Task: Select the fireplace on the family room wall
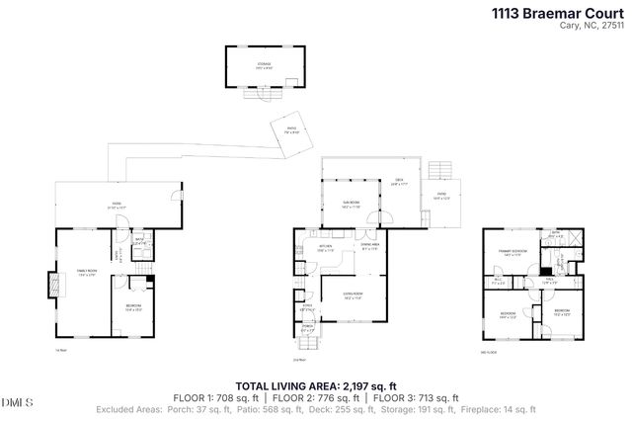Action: (51, 285)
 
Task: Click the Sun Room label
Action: (352, 204)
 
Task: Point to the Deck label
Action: (398, 183)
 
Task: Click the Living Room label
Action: (351, 294)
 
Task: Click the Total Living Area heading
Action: (315, 386)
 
